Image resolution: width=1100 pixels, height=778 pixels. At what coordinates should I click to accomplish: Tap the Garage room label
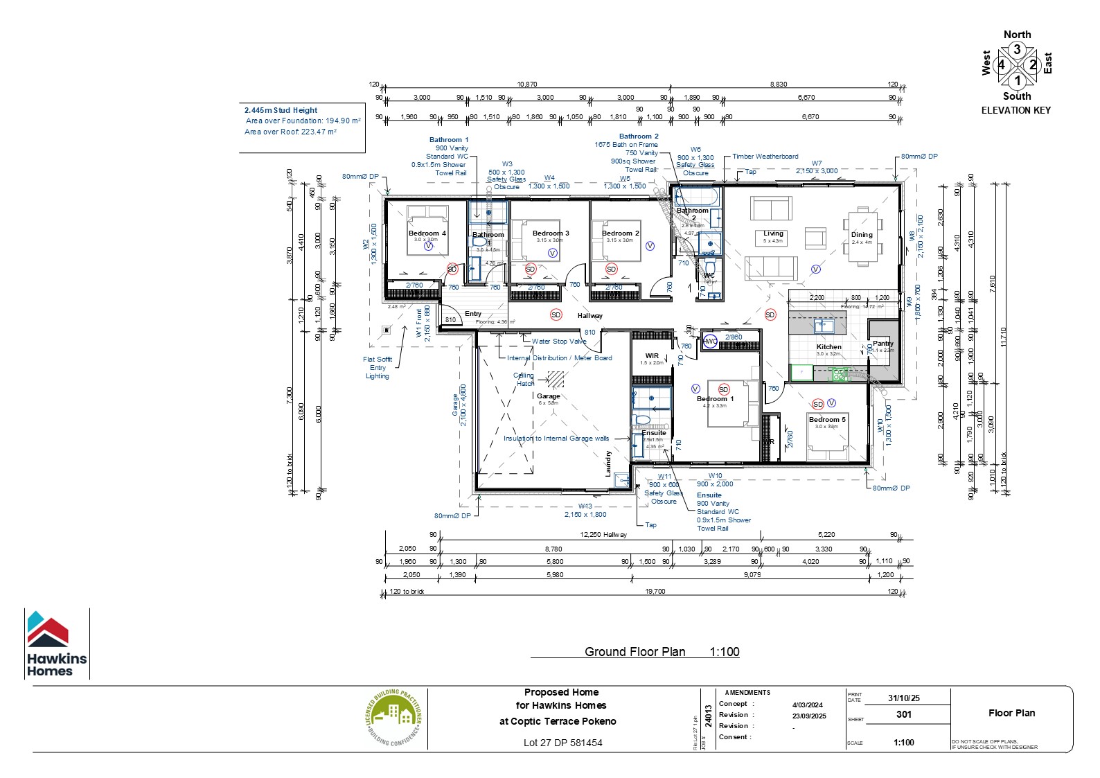tap(548, 396)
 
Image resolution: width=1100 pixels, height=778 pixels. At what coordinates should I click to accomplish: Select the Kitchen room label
tap(828, 346)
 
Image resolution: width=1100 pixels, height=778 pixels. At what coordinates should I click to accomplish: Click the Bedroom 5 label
tap(827, 419)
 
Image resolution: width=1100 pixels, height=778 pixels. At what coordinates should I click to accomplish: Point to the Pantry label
tap(882, 343)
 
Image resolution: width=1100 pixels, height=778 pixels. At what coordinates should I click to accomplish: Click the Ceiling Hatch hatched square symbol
tap(556, 379)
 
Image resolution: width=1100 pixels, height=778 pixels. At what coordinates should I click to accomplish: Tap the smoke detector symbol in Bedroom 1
tap(724, 389)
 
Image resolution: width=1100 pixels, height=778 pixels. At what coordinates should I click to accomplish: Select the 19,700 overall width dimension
tap(655, 591)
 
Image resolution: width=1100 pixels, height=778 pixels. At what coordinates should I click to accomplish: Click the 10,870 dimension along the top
tap(527, 84)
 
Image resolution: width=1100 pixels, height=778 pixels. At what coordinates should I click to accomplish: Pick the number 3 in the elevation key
tap(1017, 50)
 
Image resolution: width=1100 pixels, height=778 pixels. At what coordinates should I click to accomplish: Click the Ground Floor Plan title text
tap(635, 651)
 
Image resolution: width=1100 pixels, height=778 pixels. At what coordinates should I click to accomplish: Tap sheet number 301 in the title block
tap(903, 714)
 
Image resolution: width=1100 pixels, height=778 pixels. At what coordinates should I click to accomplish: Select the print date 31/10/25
tap(903, 698)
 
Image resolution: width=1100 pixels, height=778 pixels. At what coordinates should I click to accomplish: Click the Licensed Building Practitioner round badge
tap(393, 718)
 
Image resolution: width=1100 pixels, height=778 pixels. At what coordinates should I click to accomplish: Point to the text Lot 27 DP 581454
tap(562, 743)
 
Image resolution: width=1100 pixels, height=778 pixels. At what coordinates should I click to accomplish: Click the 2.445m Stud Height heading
tap(281, 110)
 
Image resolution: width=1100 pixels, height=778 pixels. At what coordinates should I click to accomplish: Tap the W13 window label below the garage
tap(585, 506)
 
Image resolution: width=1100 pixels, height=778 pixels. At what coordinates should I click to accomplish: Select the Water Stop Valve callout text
tap(559, 341)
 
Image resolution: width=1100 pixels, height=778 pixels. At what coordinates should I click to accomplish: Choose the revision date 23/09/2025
tap(809, 716)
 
